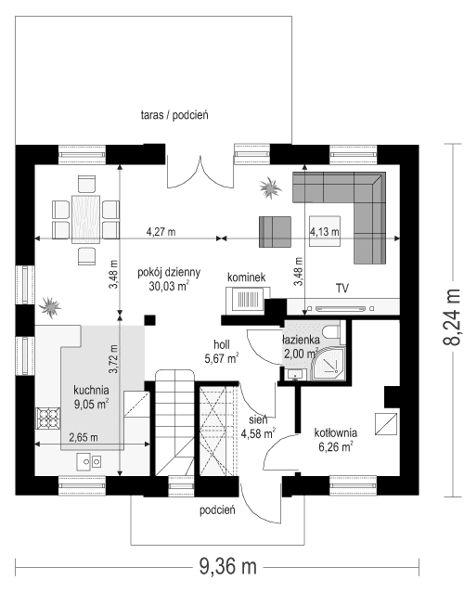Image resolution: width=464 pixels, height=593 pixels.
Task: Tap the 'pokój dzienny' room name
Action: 168,272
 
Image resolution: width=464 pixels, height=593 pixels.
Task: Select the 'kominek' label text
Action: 247,277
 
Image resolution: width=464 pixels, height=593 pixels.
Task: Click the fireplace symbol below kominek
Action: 247,300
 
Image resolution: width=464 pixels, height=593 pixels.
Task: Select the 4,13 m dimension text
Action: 325,230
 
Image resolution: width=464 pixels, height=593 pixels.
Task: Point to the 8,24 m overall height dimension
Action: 452,316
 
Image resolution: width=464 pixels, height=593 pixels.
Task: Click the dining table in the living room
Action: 86,217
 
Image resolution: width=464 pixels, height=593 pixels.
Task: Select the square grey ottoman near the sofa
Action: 275,230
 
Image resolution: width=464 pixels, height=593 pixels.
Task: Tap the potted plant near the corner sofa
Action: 270,188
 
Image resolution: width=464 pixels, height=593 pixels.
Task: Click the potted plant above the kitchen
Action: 50,303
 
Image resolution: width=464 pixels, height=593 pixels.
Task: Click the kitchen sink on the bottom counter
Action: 89,458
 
